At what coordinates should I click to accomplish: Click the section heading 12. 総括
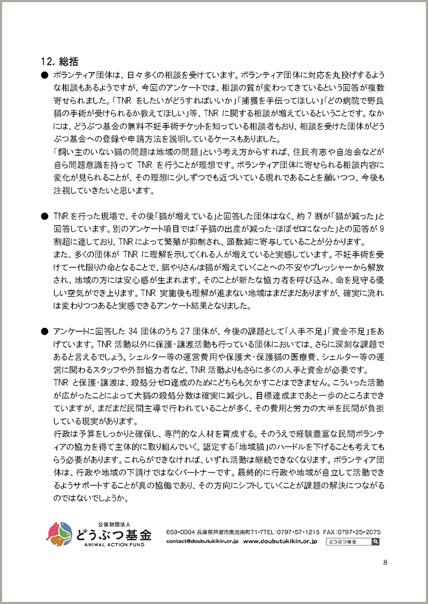coord(60,62)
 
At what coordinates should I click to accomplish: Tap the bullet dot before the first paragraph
coord(44,75)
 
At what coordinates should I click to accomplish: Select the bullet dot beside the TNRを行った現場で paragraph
coord(44,216)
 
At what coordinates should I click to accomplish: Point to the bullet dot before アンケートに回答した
coord(44,332)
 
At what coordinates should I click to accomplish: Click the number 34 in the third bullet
coord(133,331)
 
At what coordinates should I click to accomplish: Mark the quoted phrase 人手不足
coord(304,331)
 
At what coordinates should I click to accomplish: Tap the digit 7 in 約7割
coord(310,216)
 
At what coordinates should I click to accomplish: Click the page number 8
coord(385,562)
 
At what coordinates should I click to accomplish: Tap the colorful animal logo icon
coord(59,534)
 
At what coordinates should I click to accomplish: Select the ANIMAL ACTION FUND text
coord(114,545)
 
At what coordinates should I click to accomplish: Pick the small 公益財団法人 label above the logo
coord(114,525)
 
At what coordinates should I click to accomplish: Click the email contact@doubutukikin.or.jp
coord(202,541)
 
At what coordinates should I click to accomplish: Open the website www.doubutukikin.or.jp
coord(280,541)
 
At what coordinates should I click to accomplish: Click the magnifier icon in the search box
coord(375,542)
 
